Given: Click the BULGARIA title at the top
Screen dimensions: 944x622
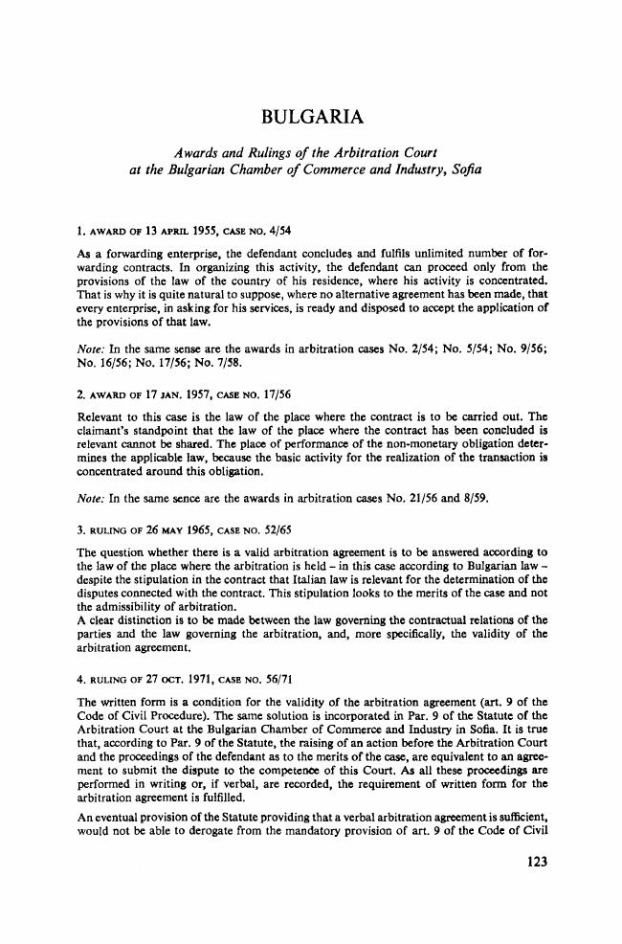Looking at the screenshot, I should point(310,119).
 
